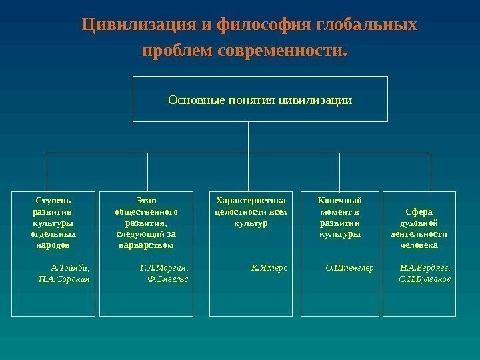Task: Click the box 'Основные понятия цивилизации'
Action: pyautogui.click(x=260, y=99)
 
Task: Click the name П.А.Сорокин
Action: pyautogui.click(x=65, y=279)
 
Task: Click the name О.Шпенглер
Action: pyautogui.click(x=349, y=268)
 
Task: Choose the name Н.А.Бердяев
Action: pyautogui.click(x=425, y=268)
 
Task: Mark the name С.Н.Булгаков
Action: pyautogui.click(x=425, y=279)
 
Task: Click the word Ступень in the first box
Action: pyautogui.click(x=53, y=199)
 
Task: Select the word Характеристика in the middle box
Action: pyautogui.click(x=251, y=199)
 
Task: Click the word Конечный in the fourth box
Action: pyautogui.click(x=340, y=199)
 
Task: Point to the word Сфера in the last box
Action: pyautogui.click(x=419, y=211)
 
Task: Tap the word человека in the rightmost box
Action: pyautogui.click(x=419, y=245)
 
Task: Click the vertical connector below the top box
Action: pyautogui.click(x=247, y=137)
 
